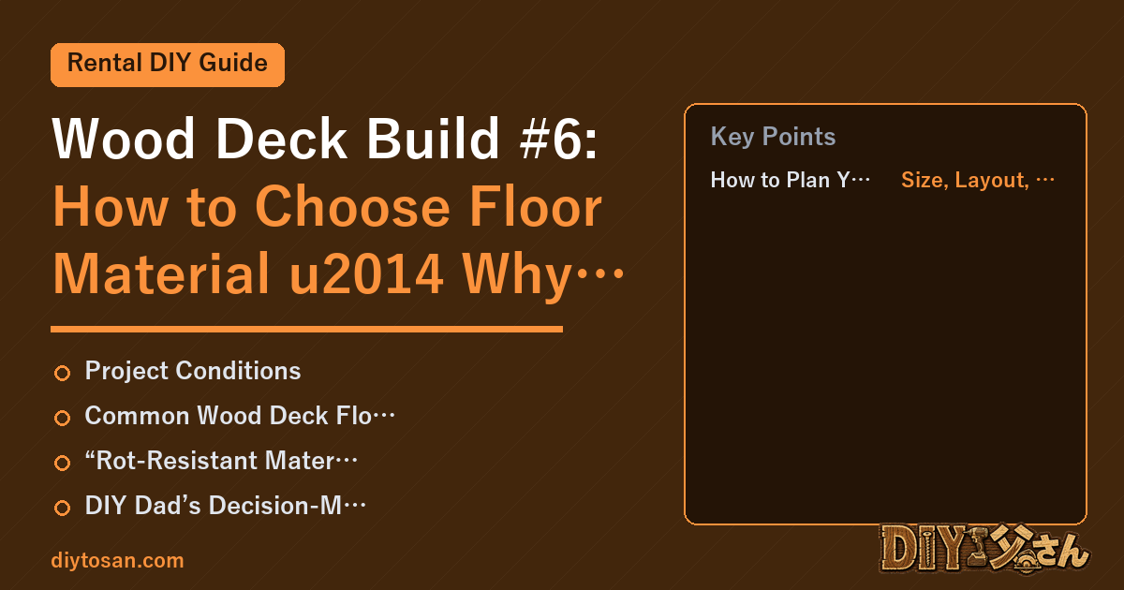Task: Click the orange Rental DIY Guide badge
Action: [x=168, y=65]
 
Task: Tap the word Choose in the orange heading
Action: [x=352, y=207]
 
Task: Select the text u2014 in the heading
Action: [x=366, y=274]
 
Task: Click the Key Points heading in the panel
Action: [x=773, y=136]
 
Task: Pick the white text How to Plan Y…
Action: [x=790, y=180]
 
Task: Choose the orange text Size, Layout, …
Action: [x=978, y=180]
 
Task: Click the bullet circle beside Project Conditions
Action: [x=62, y=373]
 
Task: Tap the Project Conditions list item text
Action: [x=193, y=371]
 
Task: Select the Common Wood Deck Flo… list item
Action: [x=240, y=416]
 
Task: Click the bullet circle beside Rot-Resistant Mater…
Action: [x=62, y=463]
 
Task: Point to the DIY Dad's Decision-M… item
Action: [x=226, y=505]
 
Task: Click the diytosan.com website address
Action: [x=117, y=560]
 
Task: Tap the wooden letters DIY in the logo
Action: [x=923, y=548]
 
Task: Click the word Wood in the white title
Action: [x=124, y=139]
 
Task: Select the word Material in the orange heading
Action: [x=161, y=274]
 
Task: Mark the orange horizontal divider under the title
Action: [x=306, y=329]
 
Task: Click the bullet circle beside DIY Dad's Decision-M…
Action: [x=62, y=508]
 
